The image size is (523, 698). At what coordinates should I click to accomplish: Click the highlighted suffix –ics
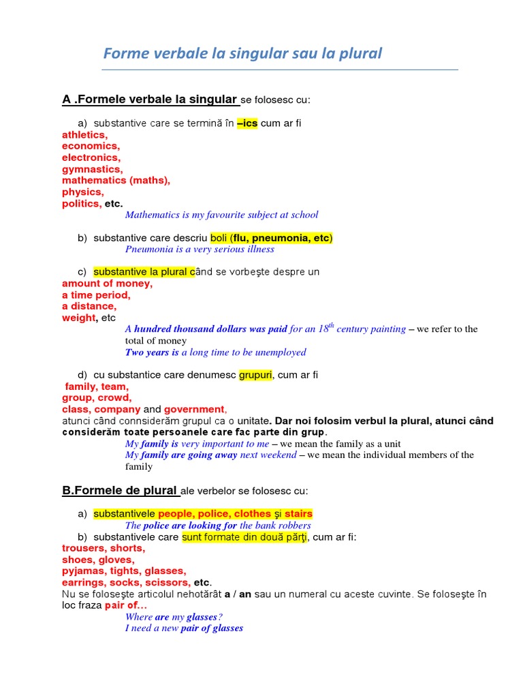247,123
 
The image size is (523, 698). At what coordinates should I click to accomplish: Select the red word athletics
84,135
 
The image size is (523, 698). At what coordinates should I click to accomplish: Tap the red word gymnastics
92,169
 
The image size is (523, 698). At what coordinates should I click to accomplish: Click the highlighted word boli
219,238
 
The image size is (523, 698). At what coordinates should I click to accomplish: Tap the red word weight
79,318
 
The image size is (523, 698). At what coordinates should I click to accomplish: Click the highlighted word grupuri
255,375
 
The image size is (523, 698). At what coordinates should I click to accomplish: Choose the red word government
194,410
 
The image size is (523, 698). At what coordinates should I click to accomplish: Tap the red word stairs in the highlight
298,513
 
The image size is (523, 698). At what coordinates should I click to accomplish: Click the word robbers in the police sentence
293,526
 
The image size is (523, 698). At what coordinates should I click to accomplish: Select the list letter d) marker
82,375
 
